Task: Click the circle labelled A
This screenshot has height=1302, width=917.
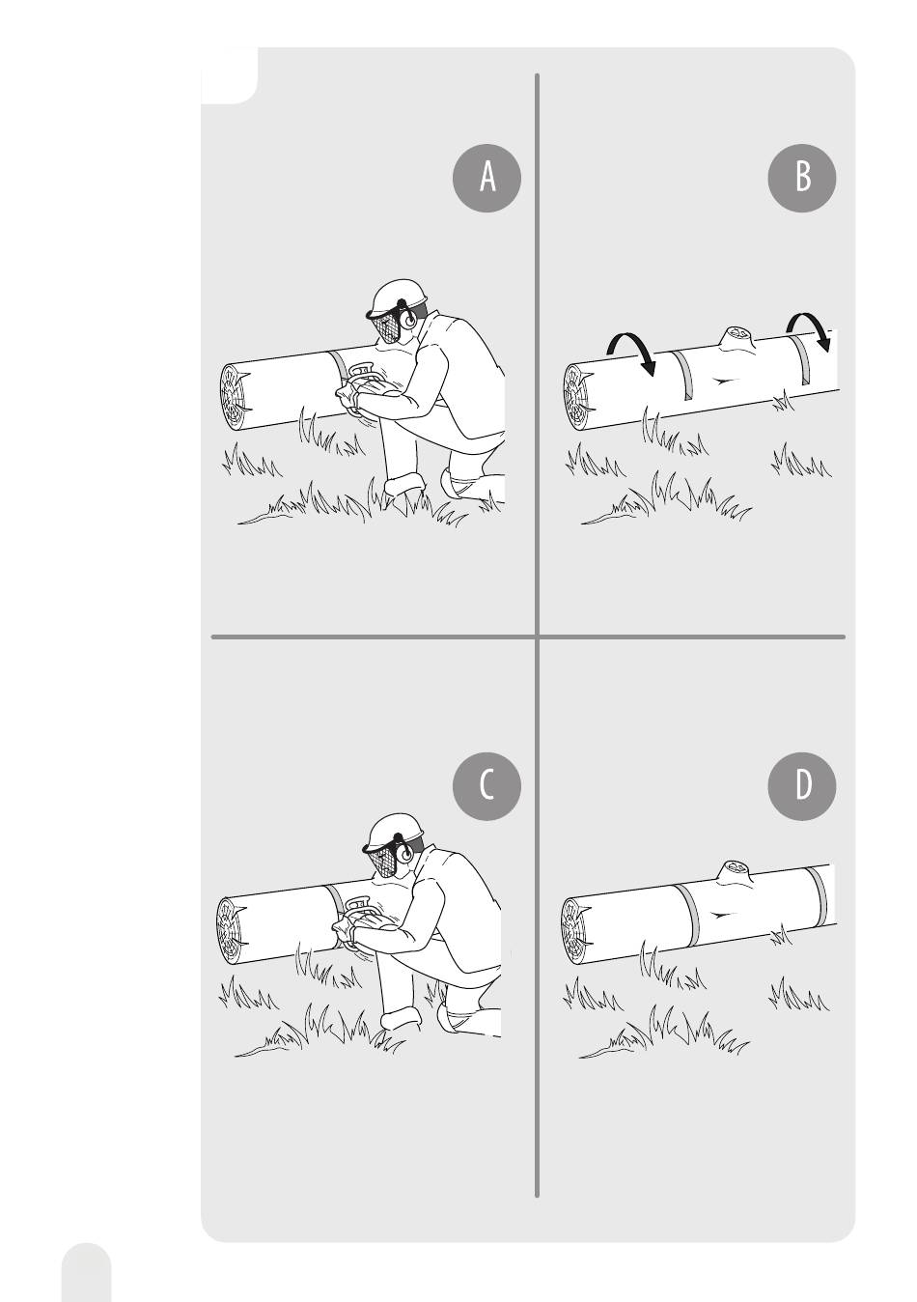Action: pos(486,178)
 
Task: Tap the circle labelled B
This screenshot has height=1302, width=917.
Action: pos(802,178)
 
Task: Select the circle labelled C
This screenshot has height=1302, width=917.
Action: pos(486,786)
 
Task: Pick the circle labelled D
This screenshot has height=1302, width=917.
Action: pos(802,786)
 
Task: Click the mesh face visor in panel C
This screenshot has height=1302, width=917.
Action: pos(379,862)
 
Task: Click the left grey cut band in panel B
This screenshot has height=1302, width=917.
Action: pos(683,376)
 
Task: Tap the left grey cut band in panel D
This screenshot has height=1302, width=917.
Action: pos(689,916)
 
